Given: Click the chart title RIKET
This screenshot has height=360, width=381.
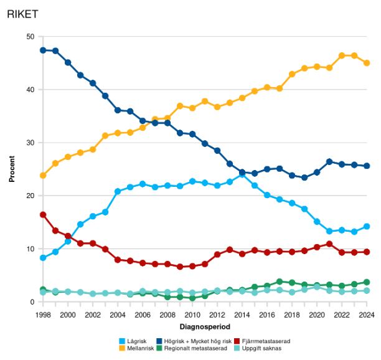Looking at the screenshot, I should (24, 13).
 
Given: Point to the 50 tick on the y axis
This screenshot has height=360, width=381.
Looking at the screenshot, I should (30, 37).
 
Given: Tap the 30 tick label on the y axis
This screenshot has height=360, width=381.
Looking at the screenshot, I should (30, 143).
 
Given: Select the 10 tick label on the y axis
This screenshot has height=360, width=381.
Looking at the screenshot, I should (30, 249).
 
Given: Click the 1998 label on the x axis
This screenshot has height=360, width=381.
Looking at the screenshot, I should (42, 315).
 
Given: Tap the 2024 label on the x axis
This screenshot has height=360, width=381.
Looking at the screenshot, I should (367, 315).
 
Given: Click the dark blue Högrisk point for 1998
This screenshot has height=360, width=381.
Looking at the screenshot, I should (42, 50).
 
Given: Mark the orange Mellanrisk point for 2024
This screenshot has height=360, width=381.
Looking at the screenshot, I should (367, 63).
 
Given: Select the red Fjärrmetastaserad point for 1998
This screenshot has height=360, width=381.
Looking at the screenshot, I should (42, 215).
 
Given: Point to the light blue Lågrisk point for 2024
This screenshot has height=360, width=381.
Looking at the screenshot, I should (367, 227).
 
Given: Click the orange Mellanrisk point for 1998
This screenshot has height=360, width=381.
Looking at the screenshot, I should (42, 176).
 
